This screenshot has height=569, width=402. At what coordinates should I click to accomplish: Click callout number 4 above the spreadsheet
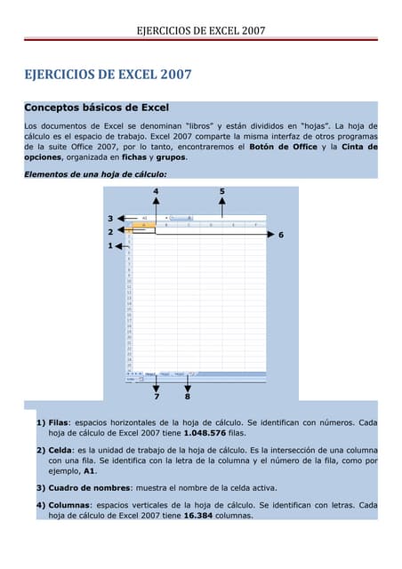coord(157,191)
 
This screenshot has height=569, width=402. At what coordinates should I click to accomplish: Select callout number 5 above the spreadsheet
coord(221,191)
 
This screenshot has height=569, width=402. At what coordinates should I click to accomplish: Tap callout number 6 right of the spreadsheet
coord(281,235)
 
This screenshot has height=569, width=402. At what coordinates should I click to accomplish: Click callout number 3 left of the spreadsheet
coord(110,218)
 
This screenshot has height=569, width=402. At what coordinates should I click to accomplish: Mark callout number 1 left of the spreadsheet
coord(110,245)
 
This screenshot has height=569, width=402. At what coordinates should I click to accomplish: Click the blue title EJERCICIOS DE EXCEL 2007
coord(109,75)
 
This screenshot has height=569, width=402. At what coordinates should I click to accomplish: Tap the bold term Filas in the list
coord(59,423)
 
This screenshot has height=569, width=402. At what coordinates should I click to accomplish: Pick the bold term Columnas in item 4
coord(72,505)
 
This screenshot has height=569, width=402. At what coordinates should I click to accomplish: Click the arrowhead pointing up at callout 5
coord(221,203)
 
